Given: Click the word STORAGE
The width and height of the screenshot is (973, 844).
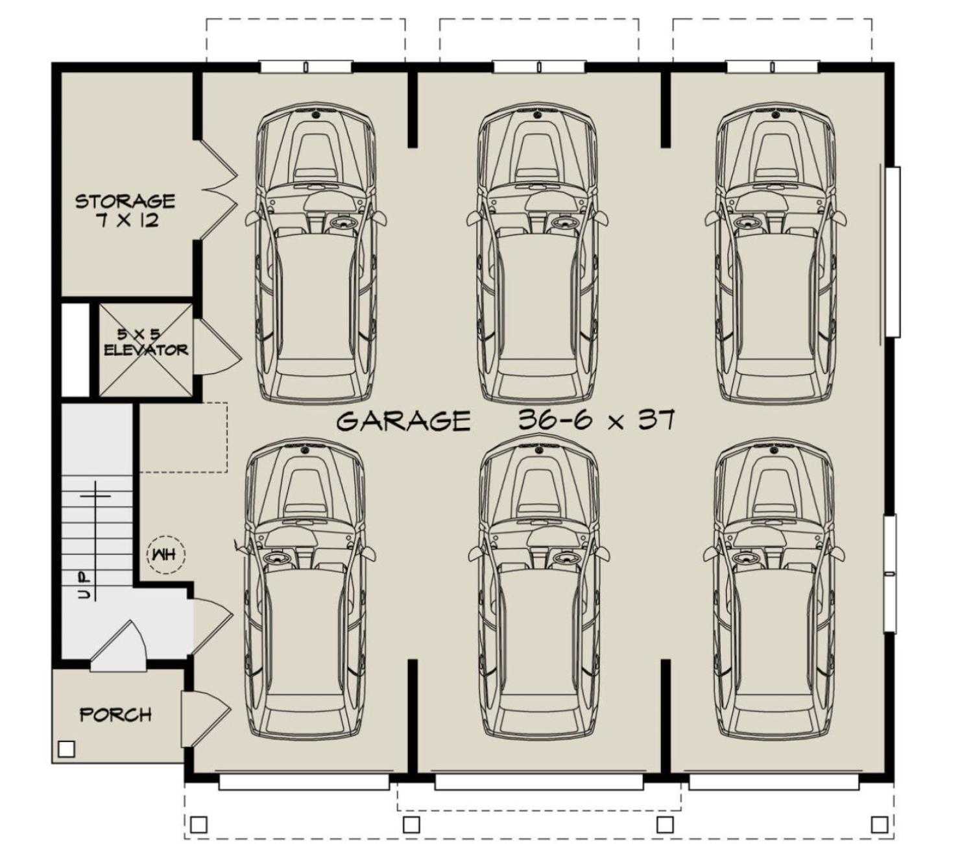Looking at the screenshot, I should tap(125, 201).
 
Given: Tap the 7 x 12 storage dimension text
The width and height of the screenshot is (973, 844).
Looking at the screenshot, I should tap(127, 221).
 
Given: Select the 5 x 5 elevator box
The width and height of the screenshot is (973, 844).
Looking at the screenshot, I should tap(145, 349).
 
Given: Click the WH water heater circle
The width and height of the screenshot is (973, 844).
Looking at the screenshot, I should tap(166, 554).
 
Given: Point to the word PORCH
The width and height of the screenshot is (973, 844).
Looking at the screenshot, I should tap(115, 715).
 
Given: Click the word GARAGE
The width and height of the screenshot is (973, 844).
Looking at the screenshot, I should tap(403, 421).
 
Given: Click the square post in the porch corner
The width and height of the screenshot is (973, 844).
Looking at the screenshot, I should tap(66, 749).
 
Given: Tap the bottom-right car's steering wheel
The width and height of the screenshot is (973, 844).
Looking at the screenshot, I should tap(746, 558).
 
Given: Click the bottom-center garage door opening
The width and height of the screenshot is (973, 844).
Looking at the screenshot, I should tap(538, 782).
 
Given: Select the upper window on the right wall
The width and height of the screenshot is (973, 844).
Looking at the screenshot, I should tap(893, 252).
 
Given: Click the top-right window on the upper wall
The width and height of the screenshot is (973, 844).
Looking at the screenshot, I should tap(772, 67).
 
